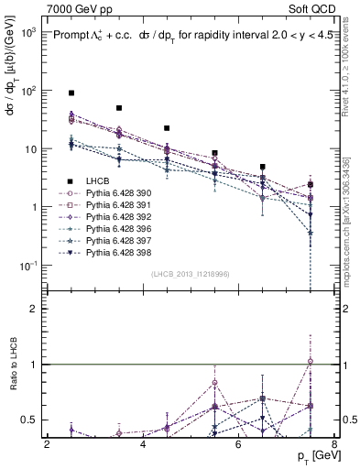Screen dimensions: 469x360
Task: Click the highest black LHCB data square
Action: pyautogui.click(x=71, y=93)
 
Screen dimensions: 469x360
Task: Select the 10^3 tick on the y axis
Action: pyautogui.click(x=27, y=32)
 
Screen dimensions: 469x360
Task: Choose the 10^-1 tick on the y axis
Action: pyautogui.click(x=27, y=266)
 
